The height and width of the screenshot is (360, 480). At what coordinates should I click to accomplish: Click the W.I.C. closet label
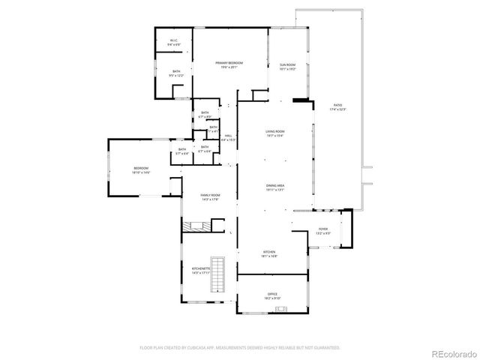tap(173, 42)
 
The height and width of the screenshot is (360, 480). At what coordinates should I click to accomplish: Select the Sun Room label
tap(288, 67)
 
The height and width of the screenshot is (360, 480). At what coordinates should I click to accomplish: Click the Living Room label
tap(274, 133)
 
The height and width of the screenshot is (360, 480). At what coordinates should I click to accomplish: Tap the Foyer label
tap(322, 231)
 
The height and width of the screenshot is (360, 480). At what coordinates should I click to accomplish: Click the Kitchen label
tap(269, 253)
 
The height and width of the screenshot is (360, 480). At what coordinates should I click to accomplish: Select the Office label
tap(273, 295)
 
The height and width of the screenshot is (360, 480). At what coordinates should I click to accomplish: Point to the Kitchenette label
tap(200, 270)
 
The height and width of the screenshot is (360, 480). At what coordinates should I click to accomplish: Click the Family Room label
tap(209, 197)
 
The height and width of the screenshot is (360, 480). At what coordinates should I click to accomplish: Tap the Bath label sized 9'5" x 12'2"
tap(176, 73)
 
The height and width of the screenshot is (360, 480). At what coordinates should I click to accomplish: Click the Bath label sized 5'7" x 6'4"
tap(182, 151)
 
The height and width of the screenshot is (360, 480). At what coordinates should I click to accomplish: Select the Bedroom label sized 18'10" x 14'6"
tap(141, 170)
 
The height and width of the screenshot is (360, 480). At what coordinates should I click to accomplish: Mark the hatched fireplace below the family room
tap(198, 226)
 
